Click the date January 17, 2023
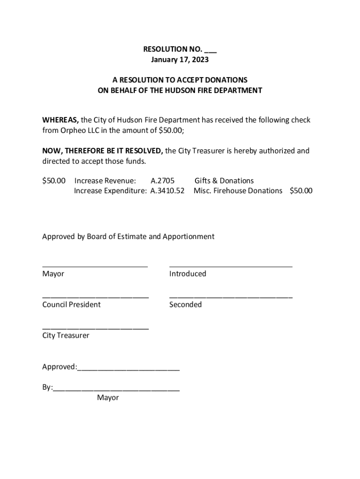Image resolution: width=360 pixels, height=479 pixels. click(180, 60)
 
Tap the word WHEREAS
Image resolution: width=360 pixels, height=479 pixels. click(60, 120)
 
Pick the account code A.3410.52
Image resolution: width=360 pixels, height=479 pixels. click(167, 191)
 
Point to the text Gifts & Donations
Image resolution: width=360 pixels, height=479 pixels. click(224, 181)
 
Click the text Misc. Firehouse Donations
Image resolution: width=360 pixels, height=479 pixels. click(238, 191)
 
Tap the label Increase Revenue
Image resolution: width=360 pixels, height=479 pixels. click(105, 181)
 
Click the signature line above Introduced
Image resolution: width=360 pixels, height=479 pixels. click(230, 266)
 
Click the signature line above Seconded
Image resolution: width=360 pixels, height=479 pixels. click(230, 297)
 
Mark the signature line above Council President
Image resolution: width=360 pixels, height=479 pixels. click(95, 297)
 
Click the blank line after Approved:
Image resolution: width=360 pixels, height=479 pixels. click(129, 370)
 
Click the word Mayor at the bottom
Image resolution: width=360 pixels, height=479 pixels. click(108, 398)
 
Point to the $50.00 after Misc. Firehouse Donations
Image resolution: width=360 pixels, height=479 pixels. click(301, 191)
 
